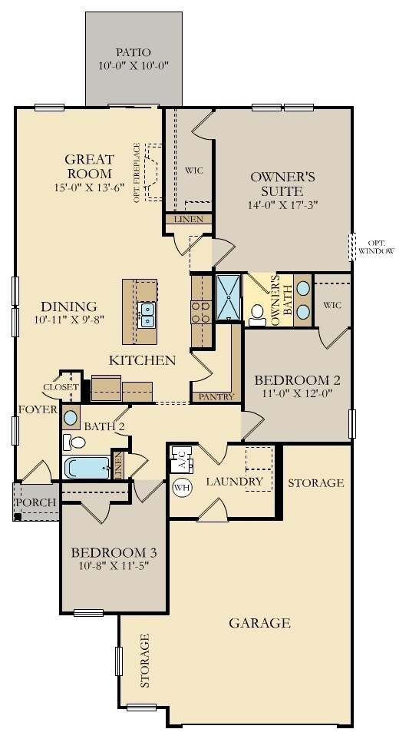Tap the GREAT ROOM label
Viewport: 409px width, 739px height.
(x=90, y=167)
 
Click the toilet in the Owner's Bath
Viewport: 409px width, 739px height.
(x=258, y=313)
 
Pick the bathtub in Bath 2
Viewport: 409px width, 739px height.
(x=87, y=467)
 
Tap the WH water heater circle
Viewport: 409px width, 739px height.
(x=182, y=487)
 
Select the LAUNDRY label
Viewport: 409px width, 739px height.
(x=235, y=482)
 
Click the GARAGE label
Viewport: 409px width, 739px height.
(x=259, y=622)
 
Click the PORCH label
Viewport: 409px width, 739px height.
(x=35, y=503)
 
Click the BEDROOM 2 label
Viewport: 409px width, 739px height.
(x=298, y=380)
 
